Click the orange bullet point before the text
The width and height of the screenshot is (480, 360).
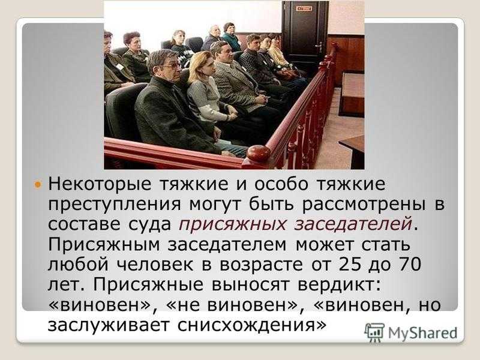[x=38, y=185]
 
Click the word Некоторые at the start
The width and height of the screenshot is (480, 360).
[x=100, y=184]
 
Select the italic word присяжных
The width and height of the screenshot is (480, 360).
[x=232, y=224]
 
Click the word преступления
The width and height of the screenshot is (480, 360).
[x=115, y=205]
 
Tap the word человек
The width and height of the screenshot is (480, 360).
[x=155, y=265]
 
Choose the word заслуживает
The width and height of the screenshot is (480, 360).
[x=109, y=325]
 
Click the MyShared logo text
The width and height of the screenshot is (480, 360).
[x=422, y=333]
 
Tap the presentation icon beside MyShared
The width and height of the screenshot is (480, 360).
[x=374, y=332]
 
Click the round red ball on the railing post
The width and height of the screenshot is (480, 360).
[x=259, y=153]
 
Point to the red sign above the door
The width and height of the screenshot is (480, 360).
[x=304, y=8]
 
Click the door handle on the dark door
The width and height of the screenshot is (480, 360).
[x=319, y=46]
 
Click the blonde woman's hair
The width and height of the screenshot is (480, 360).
[x=199, y=65]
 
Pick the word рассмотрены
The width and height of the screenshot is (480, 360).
[x=364, y=205]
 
